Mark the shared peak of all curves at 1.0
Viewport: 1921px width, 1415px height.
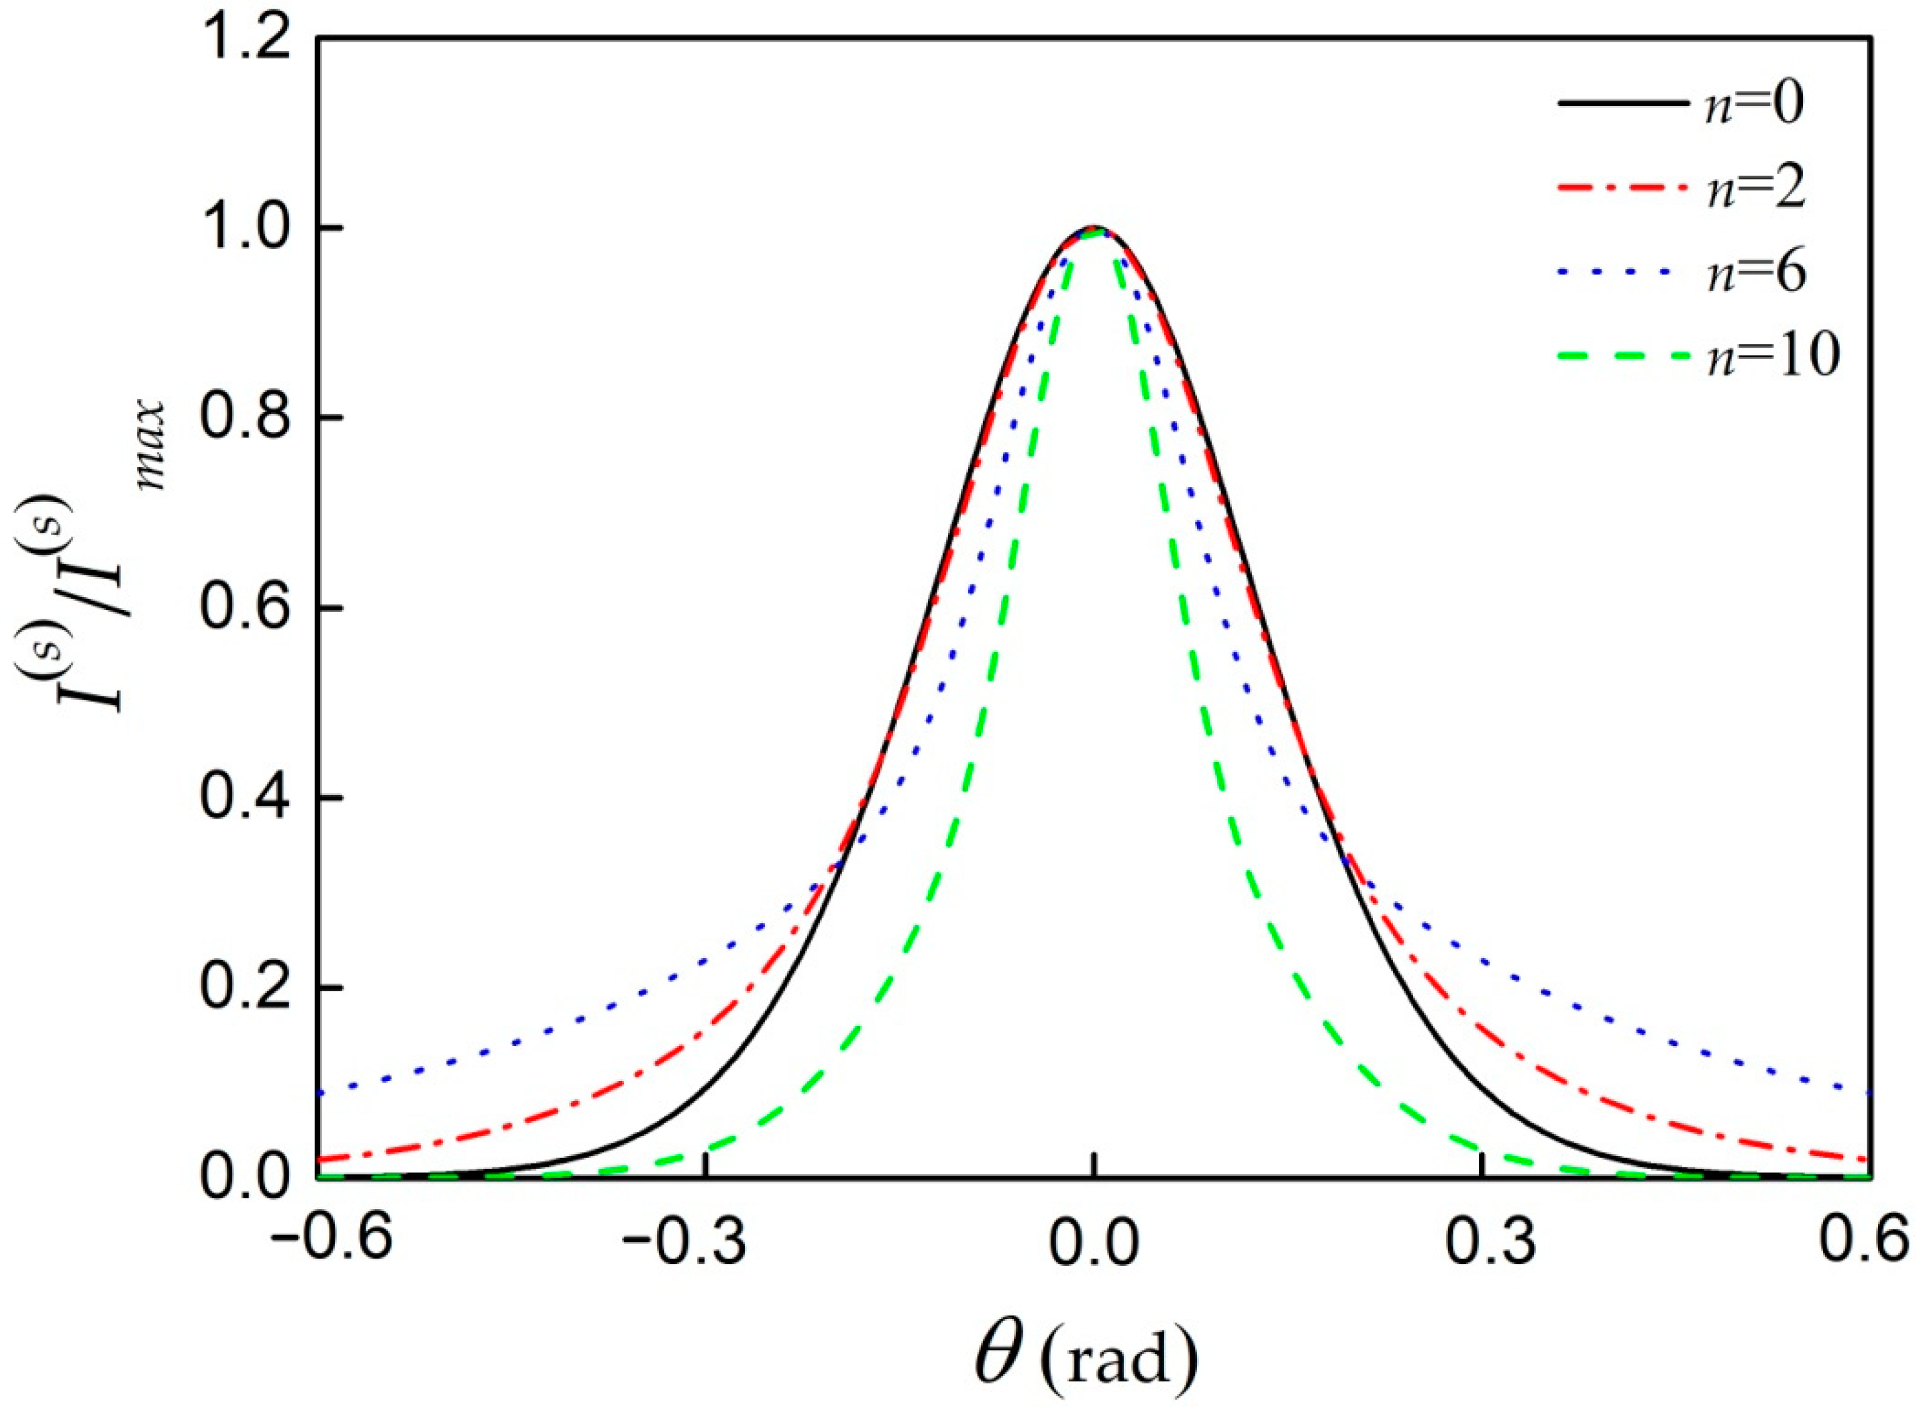[x=1094, y=229]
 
